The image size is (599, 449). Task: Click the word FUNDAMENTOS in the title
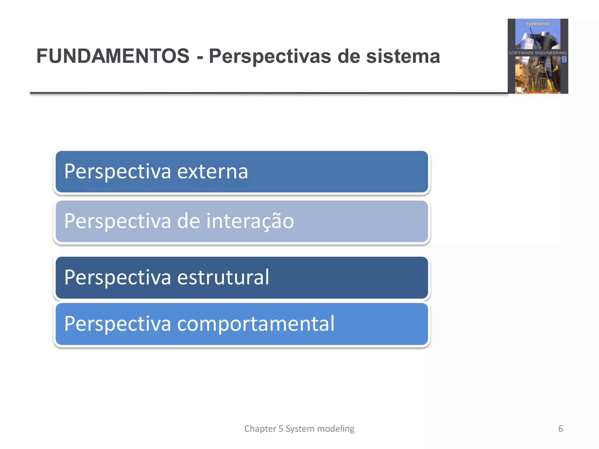(x=113, y=56)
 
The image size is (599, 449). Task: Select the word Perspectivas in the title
(x=270, y=57)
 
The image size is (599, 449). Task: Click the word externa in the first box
(x=213, y=172)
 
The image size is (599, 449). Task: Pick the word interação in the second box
(x=250, y=221)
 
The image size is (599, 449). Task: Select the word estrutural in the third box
(x=223, y=277)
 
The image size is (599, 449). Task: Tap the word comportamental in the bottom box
(x=256, y=324)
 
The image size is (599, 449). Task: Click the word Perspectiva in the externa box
(x=118, y=172)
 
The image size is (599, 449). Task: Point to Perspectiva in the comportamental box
(x=118, y=324)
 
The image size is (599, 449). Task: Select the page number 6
(x=560, y=429)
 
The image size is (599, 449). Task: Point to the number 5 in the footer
(x=281, y=429)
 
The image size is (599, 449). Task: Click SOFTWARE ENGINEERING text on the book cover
(x=538, y=53)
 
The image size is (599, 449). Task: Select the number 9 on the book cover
(x=564, y=60)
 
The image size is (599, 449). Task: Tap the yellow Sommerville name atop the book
(x=538, y=24)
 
